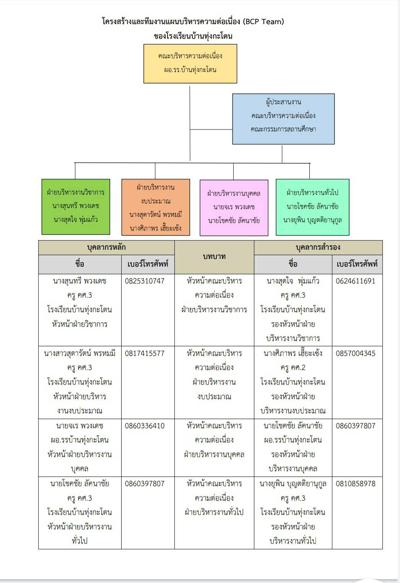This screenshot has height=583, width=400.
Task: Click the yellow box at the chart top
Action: pyautogui.click(x=190, y=64)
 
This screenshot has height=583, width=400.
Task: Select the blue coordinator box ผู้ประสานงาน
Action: pyautogui.click(x=283, y=119)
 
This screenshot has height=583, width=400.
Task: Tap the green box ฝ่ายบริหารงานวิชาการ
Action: pyautogui.click(x=76, y=206)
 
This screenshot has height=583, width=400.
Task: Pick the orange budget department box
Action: pyautogui.click(x=155, y=207)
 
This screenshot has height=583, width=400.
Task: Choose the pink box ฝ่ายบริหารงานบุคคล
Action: pyautogui.click(x=234, y=208)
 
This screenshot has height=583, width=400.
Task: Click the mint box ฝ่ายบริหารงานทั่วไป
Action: pyautogui.click(x=312, y=207)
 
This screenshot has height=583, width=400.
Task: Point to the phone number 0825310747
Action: pyautogui.click(x=145, y=281)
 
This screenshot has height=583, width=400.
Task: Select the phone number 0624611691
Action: pyautogui.click(x=356, y=281)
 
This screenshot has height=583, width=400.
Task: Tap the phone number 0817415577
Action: pyautogui.click(x=145, y=353)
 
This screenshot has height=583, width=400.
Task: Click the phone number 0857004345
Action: pyautogui.click(x=356, y=353)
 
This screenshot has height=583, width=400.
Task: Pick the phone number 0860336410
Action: pyautogui.click(x=145, y=426)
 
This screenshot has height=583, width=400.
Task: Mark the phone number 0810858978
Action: pyautogui.click(x=356, y=483)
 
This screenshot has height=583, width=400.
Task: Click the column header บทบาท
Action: pyautogui.click(x=214, y=257)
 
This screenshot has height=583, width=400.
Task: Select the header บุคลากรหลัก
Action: pyautogui.click(x=106, y=247)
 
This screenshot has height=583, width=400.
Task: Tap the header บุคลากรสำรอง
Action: pyautogui.click(x=318, y=247)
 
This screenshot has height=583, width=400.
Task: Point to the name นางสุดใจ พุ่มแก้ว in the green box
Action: pyautogui.click(x=76, y=219)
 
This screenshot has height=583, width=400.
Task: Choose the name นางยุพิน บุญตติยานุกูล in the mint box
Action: pyautogui.click(x=312, y=220)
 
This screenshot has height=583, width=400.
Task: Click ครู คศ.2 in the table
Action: pyautogui.click(x=293, y=368)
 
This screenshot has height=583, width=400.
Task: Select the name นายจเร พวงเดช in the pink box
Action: pyautogui.click(x=234, y=207)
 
